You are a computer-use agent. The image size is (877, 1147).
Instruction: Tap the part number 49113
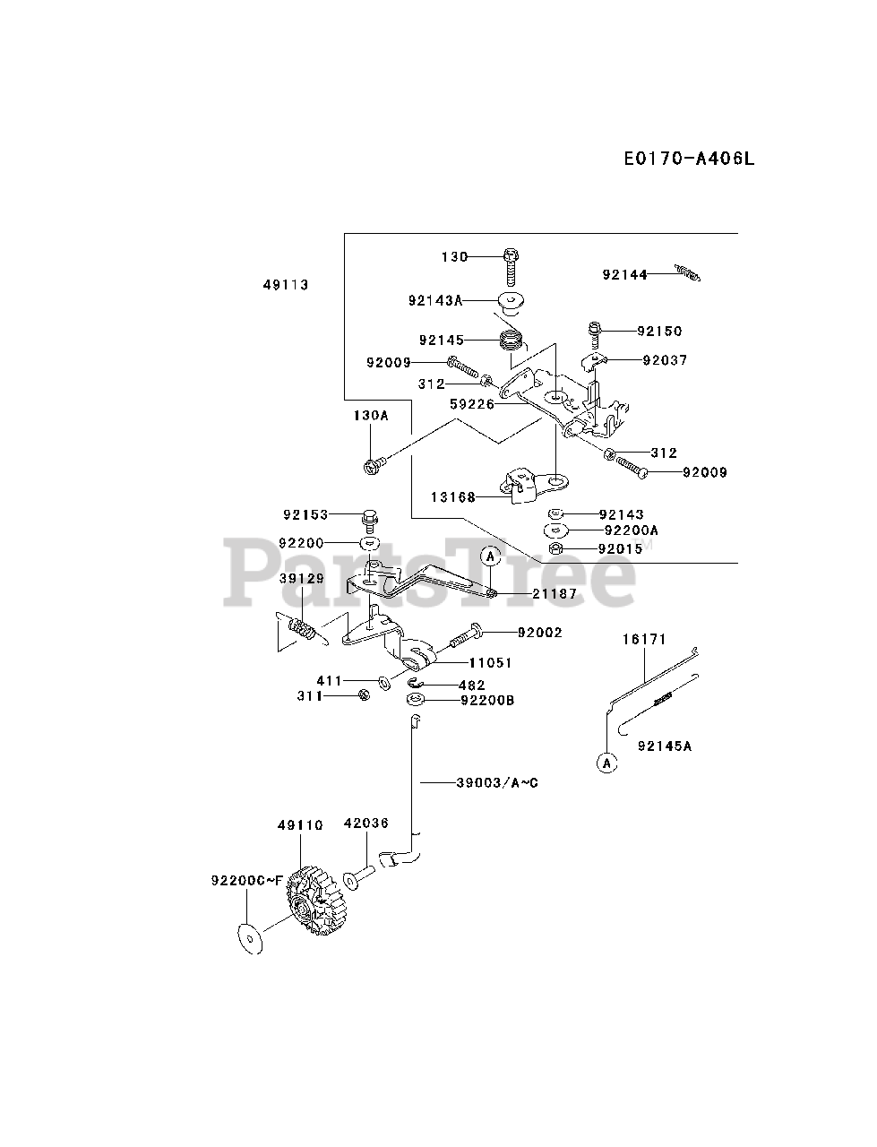(285, 285)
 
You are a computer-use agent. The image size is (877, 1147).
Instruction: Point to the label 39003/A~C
(497, 782)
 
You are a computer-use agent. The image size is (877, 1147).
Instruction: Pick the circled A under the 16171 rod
(606, 763)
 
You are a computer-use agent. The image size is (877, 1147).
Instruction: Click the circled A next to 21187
(490, 556)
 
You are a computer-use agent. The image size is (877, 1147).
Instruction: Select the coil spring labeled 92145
(512, 341)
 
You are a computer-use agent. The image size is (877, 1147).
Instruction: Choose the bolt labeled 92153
(370, 517)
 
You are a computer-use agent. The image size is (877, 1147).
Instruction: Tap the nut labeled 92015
(555, 548)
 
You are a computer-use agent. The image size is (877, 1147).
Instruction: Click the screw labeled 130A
(373, 463)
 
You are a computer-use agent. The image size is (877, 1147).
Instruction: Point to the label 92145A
(665, 745)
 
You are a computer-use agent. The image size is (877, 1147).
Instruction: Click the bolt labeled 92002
(462, 639)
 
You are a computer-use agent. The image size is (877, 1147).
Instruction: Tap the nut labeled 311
(363, 695)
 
